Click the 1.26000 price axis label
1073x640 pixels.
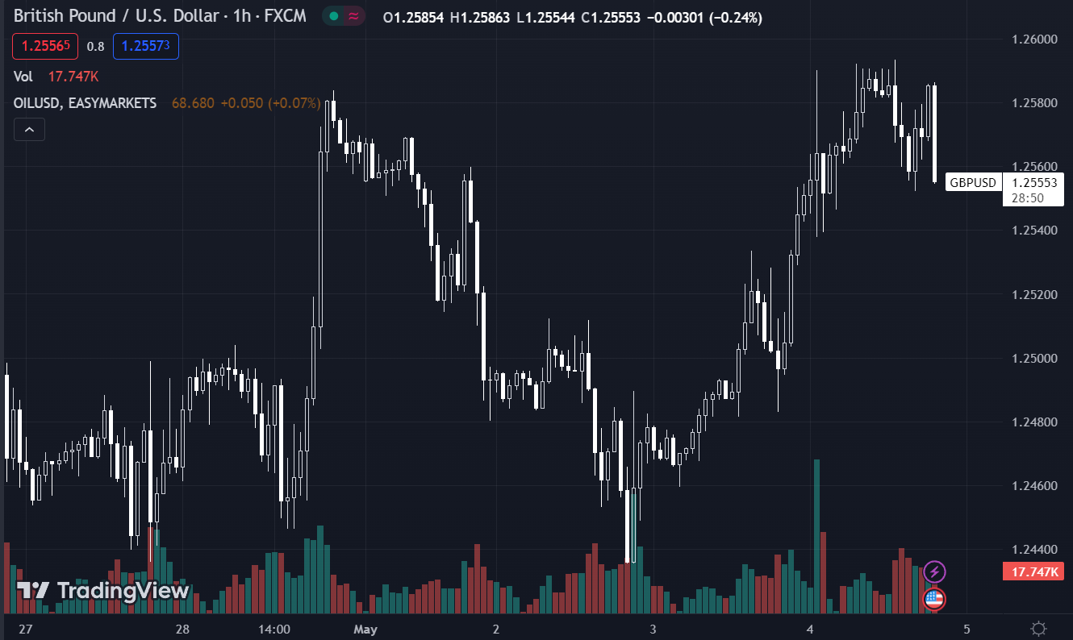(x=1034, y=39)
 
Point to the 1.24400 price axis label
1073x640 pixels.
(x=1034, y=550)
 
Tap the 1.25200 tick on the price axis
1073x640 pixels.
(x=1034, y=294)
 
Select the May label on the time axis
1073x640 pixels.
(x=365, y=629)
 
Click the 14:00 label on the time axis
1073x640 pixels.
(x=274, y=629)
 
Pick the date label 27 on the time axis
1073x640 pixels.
(x=26, y=629)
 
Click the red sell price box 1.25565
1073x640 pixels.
(x=45, y=46)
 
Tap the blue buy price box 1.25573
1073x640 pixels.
(x=145, y=46)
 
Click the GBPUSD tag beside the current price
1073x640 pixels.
(x=973, y=183)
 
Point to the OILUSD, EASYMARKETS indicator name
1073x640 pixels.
(x=86, y=103)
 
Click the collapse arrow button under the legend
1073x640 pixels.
(x=29, y=129)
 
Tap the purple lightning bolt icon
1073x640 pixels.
(x=934, y=572)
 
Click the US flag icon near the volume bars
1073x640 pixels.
(x=934, y=599)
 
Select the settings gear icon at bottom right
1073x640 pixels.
(x=1039, y=629)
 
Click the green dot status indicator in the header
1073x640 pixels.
(x=333, y=16)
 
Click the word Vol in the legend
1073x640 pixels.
(x=23, y=77)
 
